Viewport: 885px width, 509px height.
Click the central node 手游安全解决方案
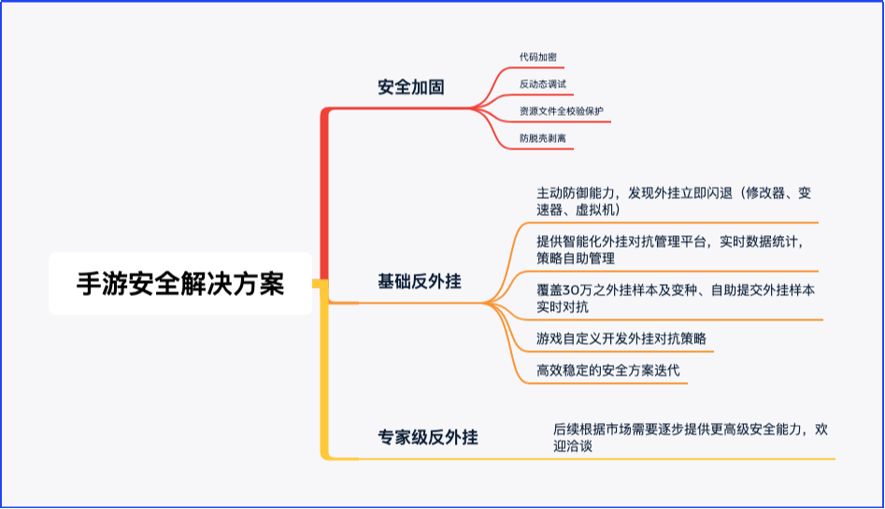(x=180, y=283)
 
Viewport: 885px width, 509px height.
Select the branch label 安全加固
(x=411, y=87)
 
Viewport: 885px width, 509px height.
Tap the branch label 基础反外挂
(x=420, y=281)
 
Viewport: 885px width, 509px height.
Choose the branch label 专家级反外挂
(x=428, y=437)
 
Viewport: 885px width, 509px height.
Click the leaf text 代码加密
(x=538, y=57)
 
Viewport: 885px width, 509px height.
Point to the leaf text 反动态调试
(x=542, y=84)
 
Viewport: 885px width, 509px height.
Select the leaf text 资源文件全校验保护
(x=561, y=111)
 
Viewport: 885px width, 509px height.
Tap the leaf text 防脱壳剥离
(x=542, y=138)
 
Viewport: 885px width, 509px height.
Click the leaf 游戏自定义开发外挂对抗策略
(x=621, y=339)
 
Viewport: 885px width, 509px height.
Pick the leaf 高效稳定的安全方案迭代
(x=607, y=370)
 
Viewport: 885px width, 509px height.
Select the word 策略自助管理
(x=575, y=259)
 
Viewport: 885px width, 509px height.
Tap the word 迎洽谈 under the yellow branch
(x=573, y=445)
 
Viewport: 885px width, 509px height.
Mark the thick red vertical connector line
(x=324, y=193)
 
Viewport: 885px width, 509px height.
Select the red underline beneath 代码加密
(x=535, y=68)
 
